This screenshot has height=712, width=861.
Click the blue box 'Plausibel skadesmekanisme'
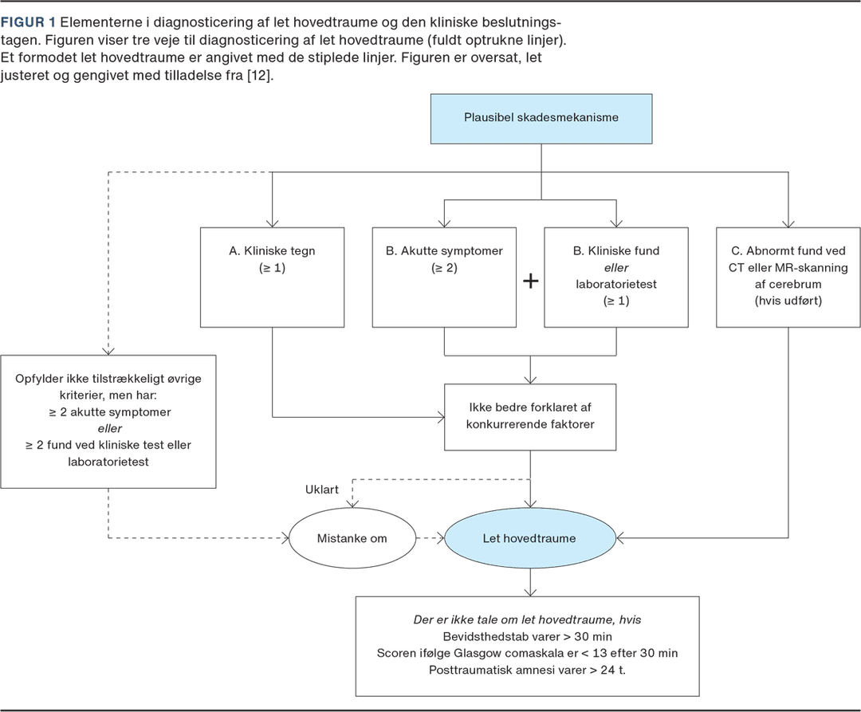coord(541,119)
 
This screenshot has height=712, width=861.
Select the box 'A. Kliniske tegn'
coord(273,277)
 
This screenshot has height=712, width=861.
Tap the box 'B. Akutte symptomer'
coord(444,277)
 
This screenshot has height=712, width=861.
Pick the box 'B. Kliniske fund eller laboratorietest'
coord(616,277)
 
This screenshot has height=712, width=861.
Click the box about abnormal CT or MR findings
coord(788,277)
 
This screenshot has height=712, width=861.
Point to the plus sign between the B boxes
coord(530,281)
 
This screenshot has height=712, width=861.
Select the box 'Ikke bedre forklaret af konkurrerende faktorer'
coord(530,417)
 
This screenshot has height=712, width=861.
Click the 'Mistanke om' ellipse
coord(352,538)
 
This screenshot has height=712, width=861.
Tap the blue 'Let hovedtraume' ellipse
coord(530,538)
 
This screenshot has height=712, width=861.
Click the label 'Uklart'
coord(322,489)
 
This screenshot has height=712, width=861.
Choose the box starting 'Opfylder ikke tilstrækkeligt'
coord(108,422)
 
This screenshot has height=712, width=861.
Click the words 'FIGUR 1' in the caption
coord(28,22)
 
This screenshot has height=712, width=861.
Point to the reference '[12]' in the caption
coord(259,75)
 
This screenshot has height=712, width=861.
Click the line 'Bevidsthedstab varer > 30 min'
coord(527,636)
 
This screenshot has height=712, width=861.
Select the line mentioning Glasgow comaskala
coord(527,653)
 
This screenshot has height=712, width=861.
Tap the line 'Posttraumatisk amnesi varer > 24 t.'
coord(527,670)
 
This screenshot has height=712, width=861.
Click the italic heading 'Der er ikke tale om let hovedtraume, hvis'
coord(527,620)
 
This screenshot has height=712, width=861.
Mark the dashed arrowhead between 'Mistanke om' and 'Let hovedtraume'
coord(440,538)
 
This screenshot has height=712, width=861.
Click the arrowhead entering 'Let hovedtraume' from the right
coord(620,538)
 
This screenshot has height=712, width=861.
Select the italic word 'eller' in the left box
coord(109,428)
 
